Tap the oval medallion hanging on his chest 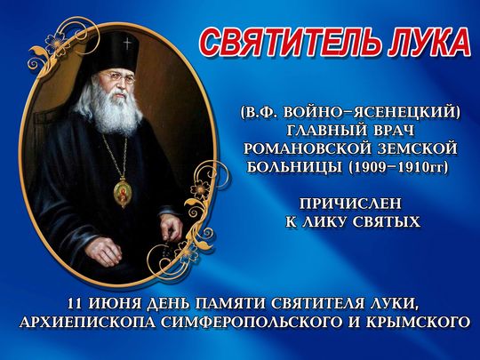[x=121, y=191]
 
